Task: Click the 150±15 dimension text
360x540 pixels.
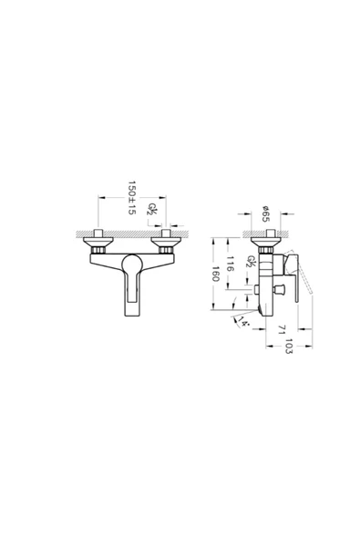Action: coord(132,198)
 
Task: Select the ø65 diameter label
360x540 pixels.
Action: coord(265,213)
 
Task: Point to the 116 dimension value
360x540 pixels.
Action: coord(231,264)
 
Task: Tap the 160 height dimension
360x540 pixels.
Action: coord(215,274)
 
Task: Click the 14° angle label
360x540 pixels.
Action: coord(243,321)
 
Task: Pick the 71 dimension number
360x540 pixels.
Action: coord(282,329)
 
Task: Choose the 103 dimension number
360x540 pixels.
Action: coord(289,347)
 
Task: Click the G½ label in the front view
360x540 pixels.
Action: coord(152,209)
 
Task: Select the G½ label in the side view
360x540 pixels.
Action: coord(252,262)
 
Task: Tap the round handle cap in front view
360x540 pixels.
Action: coord(132,263)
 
